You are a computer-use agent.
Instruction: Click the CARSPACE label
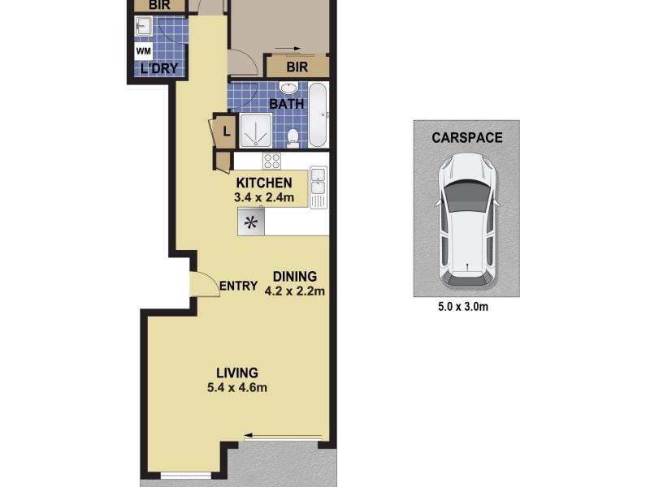point(466,138)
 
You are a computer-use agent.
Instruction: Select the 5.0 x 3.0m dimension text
point(466,307)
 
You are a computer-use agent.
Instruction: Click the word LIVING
point(236,373)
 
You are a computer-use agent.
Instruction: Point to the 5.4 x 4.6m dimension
point(236,387)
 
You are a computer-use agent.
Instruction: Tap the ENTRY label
point(238,287)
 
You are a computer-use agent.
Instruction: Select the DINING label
point(294,276)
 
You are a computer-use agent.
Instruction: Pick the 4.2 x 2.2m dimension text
point(294,291)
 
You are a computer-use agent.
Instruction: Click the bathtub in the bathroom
point(318,113)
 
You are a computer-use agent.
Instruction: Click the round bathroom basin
point(288,88)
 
